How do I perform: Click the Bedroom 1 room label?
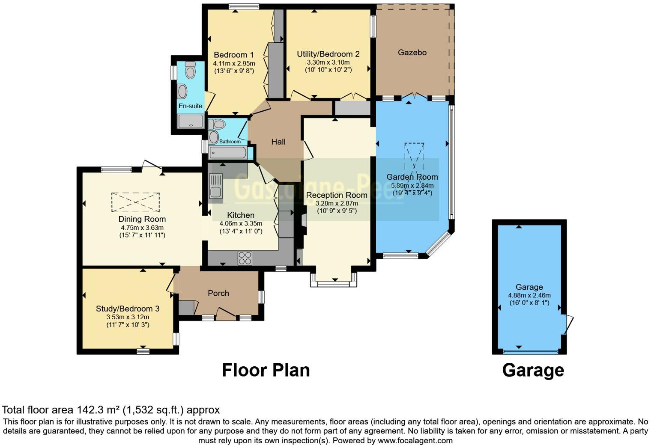233,55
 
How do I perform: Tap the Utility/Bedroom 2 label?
328,54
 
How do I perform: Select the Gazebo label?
412,52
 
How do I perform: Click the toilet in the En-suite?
190,70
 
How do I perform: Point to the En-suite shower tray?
191,122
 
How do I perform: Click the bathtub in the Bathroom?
227,152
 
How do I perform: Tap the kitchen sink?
215,188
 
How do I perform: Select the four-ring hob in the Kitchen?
245,258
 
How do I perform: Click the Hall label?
278,142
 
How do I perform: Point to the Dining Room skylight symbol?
135,202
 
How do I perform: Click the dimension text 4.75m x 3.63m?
142,228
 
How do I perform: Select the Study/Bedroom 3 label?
128,309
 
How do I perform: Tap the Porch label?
218,293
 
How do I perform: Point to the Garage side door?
568,324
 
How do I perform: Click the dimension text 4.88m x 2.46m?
529,295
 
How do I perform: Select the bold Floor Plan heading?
266,370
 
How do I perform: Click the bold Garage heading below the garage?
533,370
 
